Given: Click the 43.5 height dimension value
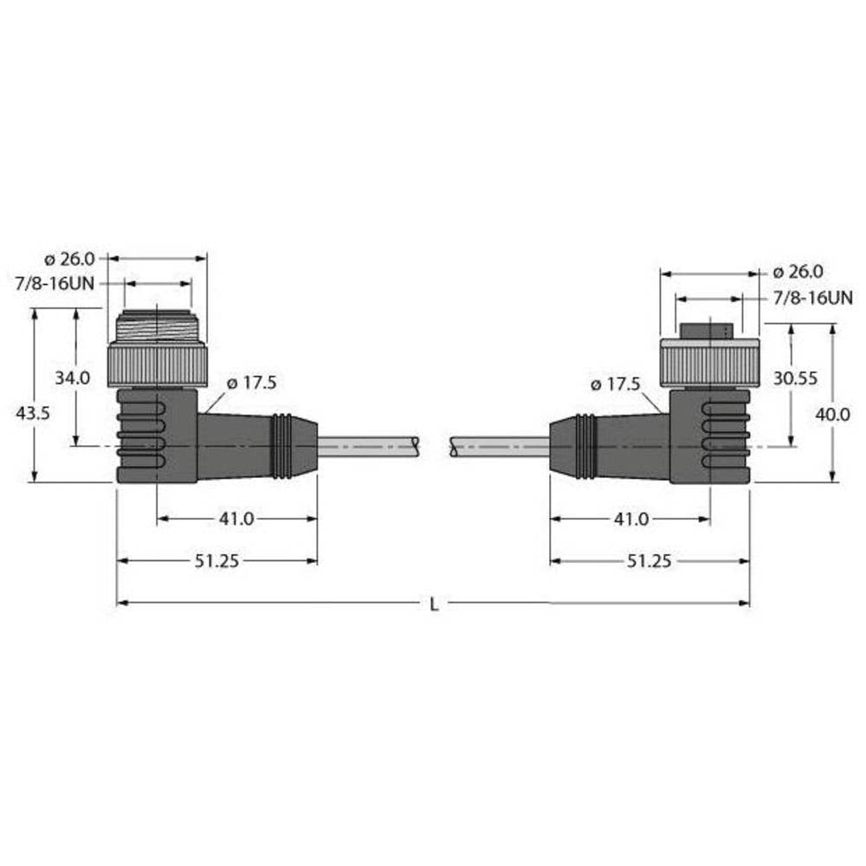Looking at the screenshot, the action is click(x=33, y=412).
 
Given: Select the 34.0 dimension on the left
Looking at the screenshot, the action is click(x=73, y=378).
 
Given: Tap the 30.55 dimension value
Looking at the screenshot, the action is click(x=795, y=378).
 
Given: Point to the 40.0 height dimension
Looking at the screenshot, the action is click(x=833, y=414).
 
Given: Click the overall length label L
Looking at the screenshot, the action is click(x=434, y=604).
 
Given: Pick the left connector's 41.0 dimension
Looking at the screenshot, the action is click(x=236, y=519).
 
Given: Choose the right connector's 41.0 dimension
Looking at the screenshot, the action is click(x=631, y=519).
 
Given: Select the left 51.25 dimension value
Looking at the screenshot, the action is click(x=217, y=561).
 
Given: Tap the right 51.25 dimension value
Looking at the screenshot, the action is click(x=649, y=561).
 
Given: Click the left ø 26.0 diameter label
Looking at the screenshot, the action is click(x=69, y=258).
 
